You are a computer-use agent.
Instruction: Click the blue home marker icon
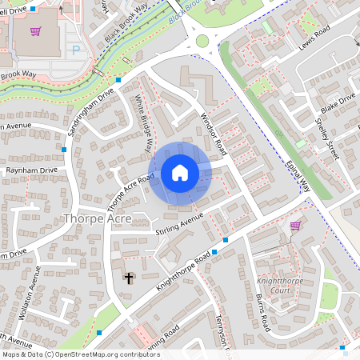[x=180, y=173]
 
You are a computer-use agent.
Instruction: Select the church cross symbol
[x=128, y=278]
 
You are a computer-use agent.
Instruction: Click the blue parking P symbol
[x=77, y=50]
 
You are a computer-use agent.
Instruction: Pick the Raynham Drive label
[x=32, y=170]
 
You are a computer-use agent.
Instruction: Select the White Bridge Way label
[x=144, y=123]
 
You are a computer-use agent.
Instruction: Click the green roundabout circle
[x=202, y=41]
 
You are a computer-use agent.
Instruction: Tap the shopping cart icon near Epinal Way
[x=296, y=226]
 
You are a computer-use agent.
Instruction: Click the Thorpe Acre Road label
[x=130, y=187]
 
